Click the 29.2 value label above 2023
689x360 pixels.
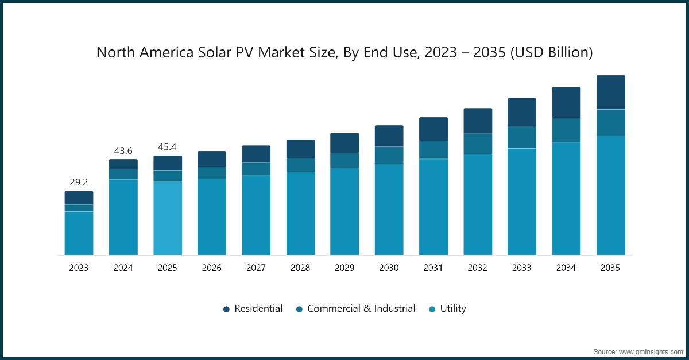[x=79, y=182]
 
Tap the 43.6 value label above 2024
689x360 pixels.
[x=123, y=150]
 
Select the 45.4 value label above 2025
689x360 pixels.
[x=167, y=147]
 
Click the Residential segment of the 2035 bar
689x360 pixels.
[x=610, y=92]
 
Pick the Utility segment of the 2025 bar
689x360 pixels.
[x=167, y=218]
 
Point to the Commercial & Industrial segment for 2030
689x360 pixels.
[x=389, y=155]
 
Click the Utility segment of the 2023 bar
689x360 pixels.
[x=79, y=233]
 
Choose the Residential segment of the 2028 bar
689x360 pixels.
[x=300, y=149]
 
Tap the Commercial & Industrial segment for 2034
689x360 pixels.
[x=566, y=130]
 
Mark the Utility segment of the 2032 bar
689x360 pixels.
[x=478, y=204]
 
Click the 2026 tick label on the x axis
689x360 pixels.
[x=211, y=268]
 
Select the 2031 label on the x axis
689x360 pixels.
[x=433, y=268]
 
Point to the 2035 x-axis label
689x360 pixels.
[x=610, y=268]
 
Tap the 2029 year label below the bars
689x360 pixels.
[x=344, y=268]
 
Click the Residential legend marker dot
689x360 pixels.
[x=227, y=309]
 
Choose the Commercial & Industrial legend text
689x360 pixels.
[x=361, y=309]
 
